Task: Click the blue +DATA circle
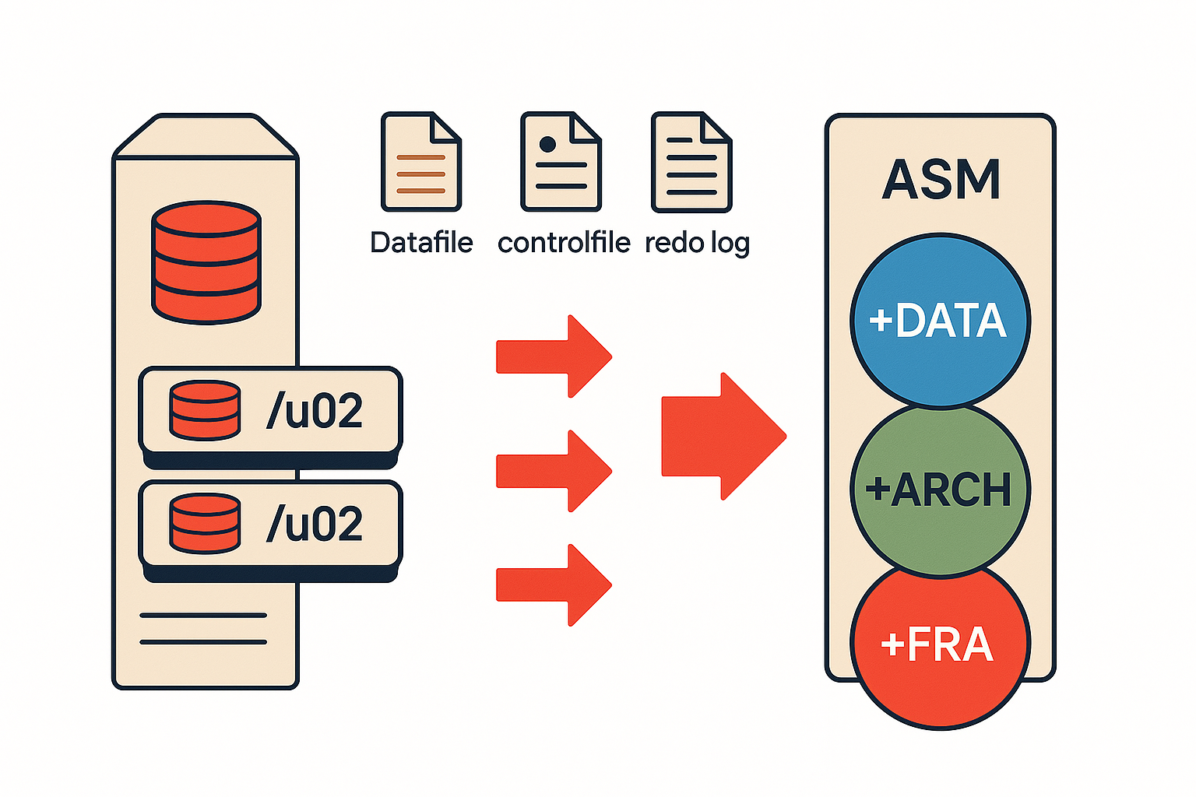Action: tap(940, 321)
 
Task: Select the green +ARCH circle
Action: tap(940, 490)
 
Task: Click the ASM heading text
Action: tap(941, 180)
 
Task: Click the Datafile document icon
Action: tap(421, 162)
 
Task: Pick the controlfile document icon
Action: tap(561, 162)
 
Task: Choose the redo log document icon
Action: tap(691, 162)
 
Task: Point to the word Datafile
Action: tap(421, 243)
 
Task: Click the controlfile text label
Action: tap(564, 243)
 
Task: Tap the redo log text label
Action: tap(697, 244)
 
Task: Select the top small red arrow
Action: tap(554, 356)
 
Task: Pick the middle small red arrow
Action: tap(554, 471)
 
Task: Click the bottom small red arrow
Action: tap(554, 585)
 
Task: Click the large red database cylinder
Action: tap(206, 262)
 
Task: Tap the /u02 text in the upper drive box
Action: tap(315, 411)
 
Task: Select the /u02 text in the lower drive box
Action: tap(315, 524)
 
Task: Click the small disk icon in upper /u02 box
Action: tap(205, 410)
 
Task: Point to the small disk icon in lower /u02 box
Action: tap(205, 523)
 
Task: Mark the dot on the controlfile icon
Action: tap(547, 144)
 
